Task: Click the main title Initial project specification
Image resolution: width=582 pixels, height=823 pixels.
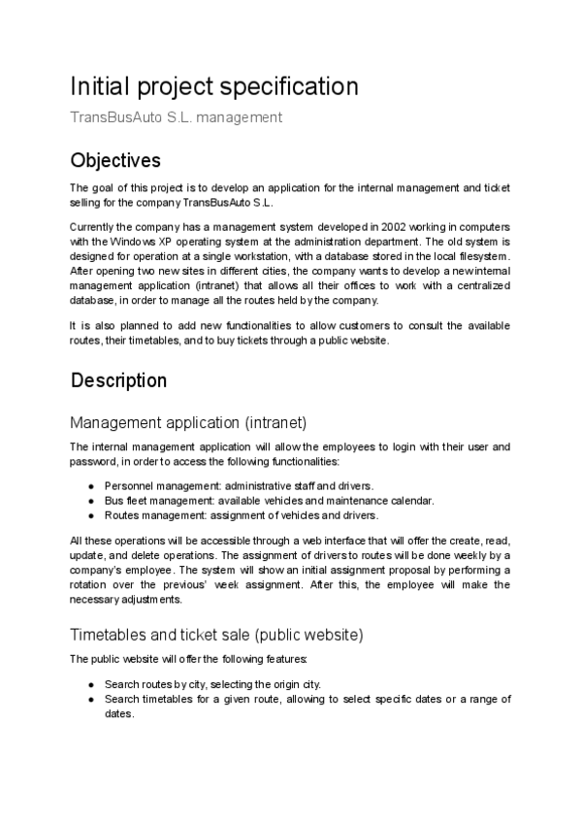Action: tap(214, 86)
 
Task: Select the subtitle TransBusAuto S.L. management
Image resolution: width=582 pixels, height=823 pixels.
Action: tap(176, 117)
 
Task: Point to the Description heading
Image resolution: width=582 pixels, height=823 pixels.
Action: tap(118, 379)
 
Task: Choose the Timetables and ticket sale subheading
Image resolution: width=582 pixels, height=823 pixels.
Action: tap(216, 635)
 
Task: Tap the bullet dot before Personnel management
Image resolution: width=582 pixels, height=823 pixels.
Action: tap(90, 485)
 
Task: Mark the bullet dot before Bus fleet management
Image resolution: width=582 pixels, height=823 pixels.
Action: tap(90, 500)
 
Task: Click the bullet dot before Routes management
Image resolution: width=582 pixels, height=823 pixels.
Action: tap(90, 514)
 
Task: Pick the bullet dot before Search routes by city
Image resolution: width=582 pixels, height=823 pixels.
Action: tap(90, 684)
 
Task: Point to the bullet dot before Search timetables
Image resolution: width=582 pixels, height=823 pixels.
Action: tap(90, 699)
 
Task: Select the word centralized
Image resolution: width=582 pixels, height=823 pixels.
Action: tap(476, 287)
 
